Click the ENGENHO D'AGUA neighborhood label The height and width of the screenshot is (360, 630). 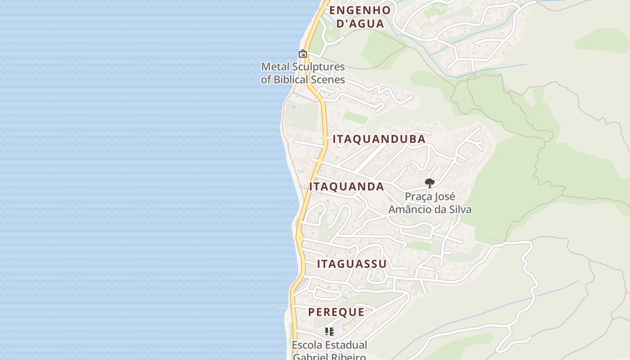click(x=360, y=17)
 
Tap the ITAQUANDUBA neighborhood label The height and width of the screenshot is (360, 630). click(x=379, y=139)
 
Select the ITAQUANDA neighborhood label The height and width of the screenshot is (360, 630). click(x=346, y=187)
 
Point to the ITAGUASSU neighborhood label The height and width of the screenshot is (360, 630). click(x=352, y=264)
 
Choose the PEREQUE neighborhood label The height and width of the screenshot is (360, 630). click(x=336, y=312)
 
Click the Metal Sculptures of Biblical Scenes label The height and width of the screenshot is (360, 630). click(x=303, y=73)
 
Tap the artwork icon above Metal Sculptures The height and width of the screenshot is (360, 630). click(x=303, y=54)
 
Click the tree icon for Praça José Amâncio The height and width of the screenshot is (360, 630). click(x=430, y=183)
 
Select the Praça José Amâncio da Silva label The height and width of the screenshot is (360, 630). click(x=430, y=203)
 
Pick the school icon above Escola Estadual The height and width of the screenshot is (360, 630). click(x=329, y=332)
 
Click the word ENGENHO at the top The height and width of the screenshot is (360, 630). click(x=360, y=10)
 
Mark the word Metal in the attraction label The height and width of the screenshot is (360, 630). click(x=275, y=67)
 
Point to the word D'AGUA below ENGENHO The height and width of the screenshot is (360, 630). click(x=360, y=24)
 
